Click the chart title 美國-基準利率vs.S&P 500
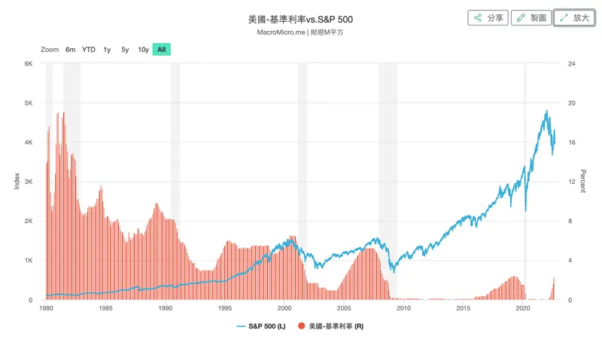pos(300,19)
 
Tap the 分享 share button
pos(488,17)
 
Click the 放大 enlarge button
pos(575,17)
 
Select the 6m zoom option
pos(70,50)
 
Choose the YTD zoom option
pos(89,50)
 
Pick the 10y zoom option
pos(143,50)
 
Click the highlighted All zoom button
pos(162,50)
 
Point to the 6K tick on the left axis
pos(28,63)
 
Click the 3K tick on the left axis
pos(28,182)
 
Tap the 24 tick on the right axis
pos(572,63)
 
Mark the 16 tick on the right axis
pos(572,142)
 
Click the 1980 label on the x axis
pos(46,308)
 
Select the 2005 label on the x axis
pos(344,308)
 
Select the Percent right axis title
pos(582,181)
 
